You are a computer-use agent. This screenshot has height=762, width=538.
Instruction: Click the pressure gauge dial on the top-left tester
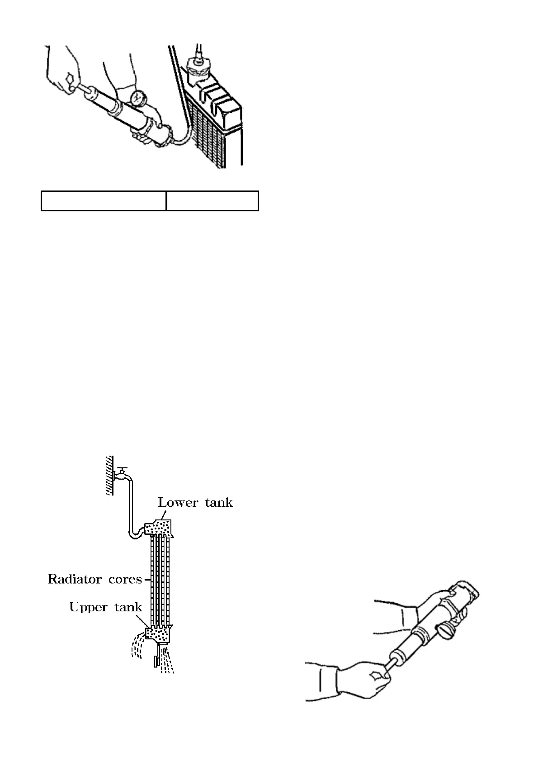tap(138, 98)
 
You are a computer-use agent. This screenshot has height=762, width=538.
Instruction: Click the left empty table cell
tap(104, 201)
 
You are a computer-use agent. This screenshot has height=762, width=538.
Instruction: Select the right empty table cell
tap(212, 201)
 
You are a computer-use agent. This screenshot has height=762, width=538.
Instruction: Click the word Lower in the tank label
tap(178, 502)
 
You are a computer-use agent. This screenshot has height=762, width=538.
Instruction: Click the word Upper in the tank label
tap(86, 607)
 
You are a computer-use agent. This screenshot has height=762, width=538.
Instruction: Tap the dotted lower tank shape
tap(159, 528)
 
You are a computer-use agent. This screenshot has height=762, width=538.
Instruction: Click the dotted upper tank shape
tap(158, 633)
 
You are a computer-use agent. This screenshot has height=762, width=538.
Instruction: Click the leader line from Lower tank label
tap(164, 515)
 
